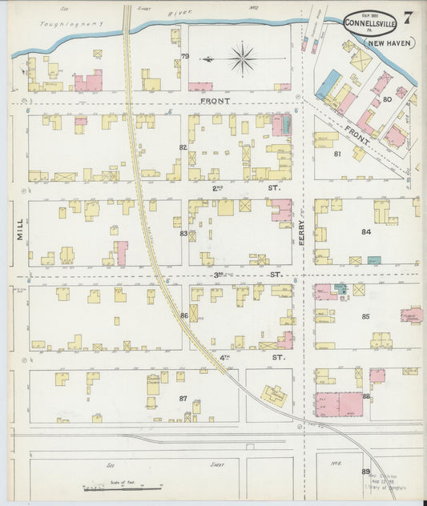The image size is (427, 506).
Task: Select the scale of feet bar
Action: [123, 486]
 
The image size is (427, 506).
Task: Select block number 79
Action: [184, 56]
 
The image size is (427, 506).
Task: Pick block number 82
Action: [183, 147]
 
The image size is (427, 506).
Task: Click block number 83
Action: [183, 233]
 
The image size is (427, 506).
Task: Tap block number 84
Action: [365, 232]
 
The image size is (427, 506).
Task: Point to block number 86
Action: [183, 316]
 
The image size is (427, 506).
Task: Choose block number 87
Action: [183, 398]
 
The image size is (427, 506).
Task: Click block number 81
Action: [337, 154]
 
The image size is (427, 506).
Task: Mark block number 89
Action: [365, 472]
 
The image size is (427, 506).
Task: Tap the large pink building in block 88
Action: [339, 404]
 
